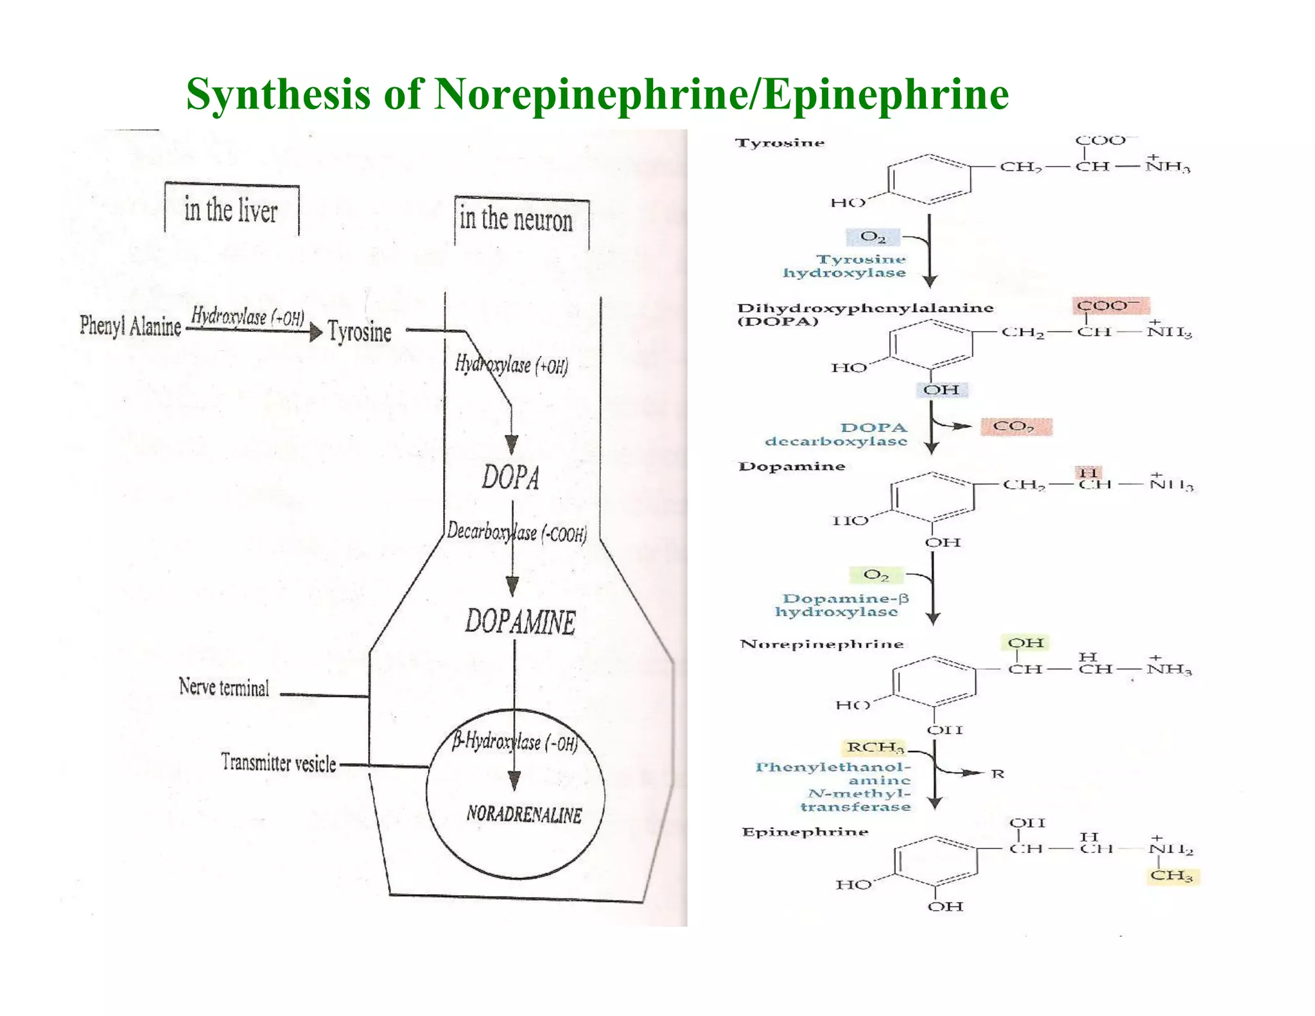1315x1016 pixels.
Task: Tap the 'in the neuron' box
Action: (516, 220)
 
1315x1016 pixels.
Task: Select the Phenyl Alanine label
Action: (130, 326)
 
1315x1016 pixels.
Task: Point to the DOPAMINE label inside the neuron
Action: (521, 622)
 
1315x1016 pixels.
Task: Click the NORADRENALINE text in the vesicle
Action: (524, 814)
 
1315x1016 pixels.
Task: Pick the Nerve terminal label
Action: (224, 688)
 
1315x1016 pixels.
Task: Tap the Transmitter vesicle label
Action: (279, 763)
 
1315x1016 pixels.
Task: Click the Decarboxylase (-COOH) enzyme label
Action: (517, 532)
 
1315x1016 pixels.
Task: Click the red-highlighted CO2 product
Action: (1015, 426)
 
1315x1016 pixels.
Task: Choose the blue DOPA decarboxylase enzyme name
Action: (837, 434)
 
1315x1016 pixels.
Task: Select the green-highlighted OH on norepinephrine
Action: (1025, 643)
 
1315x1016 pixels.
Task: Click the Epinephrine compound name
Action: (805, 832)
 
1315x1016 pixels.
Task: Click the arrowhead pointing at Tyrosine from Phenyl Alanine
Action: (315, 332)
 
